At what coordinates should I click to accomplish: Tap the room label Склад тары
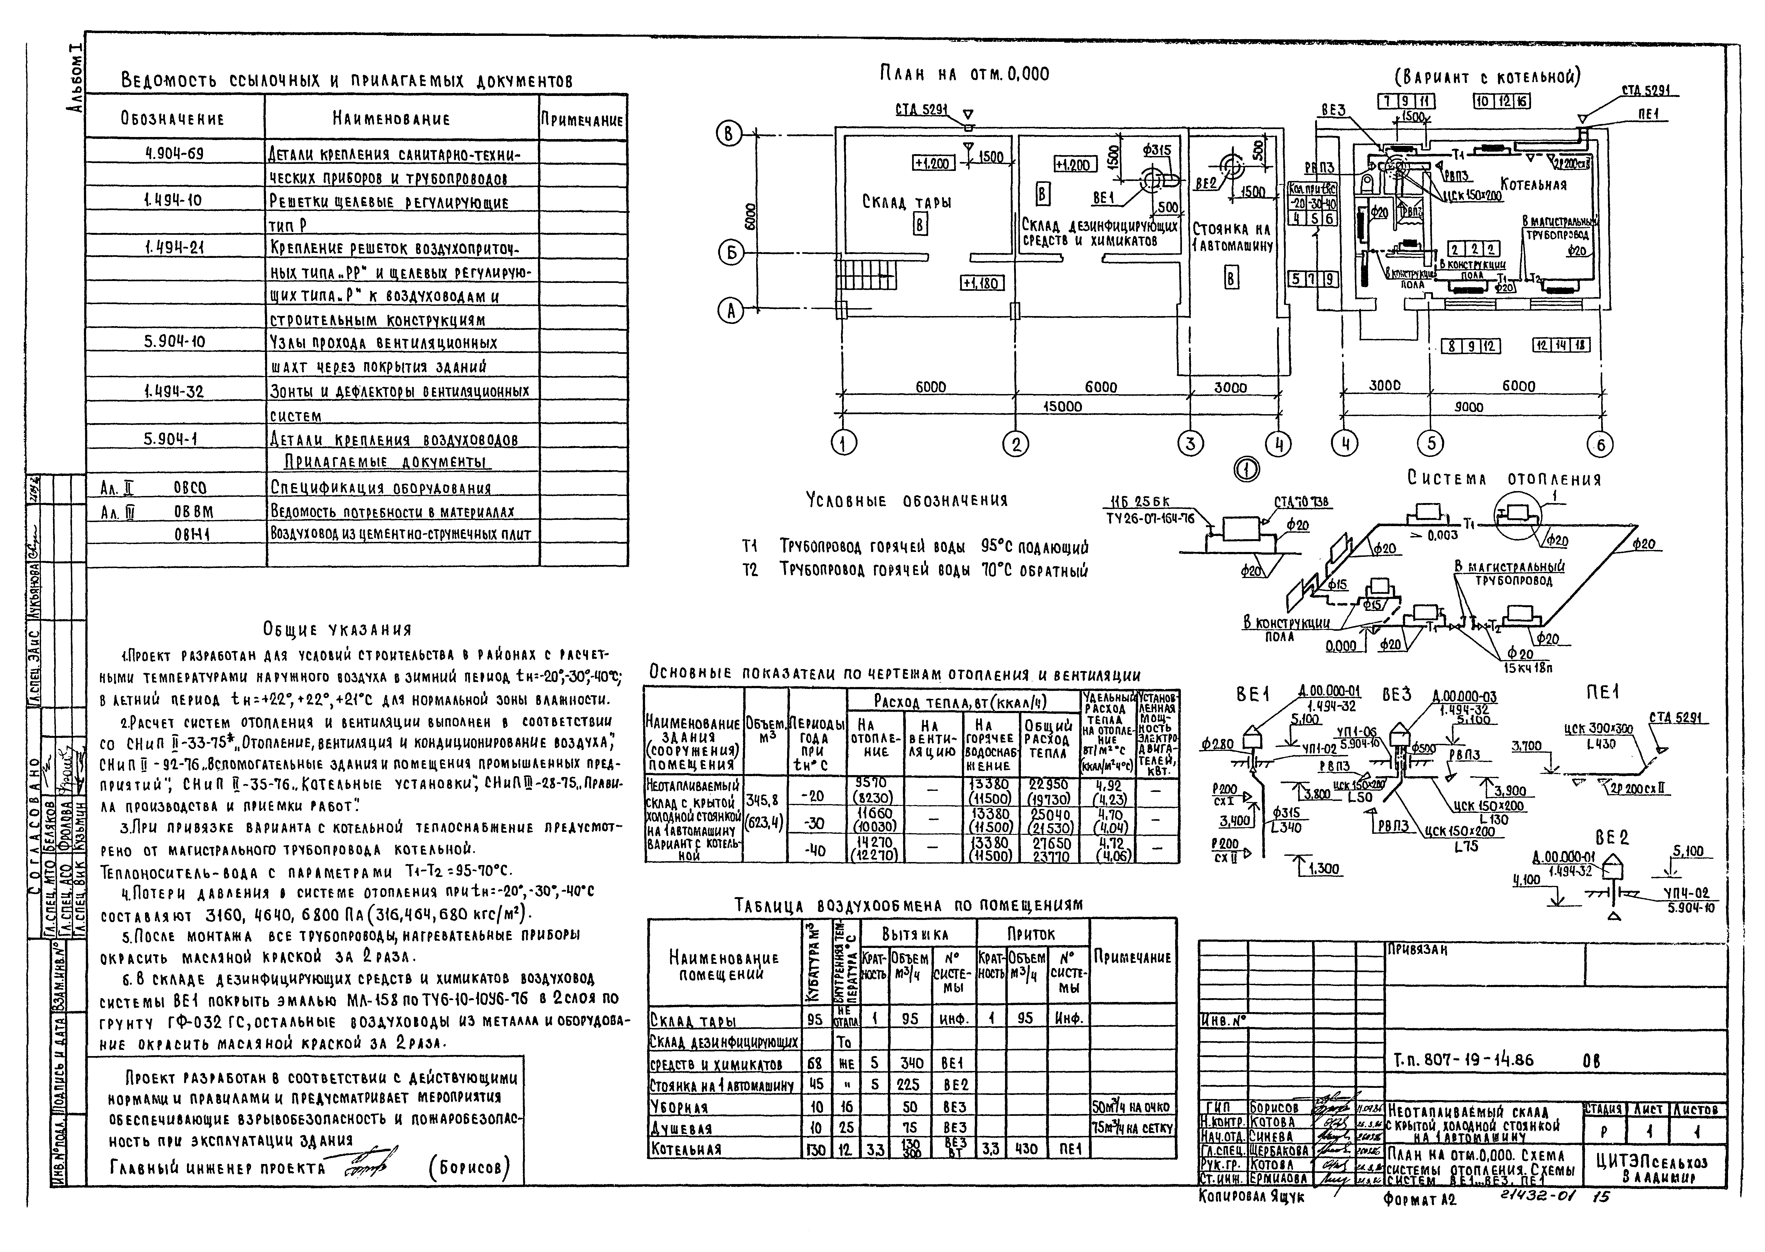[906, 202]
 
